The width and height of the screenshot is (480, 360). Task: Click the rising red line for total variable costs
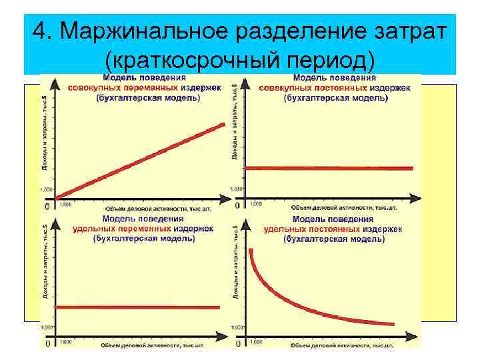click(140, 161)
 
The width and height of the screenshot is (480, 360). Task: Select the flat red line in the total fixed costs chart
click(329, 168)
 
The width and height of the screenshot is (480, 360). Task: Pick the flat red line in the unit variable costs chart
click(137, 307)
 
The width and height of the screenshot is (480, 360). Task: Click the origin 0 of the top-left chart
click(46, 207)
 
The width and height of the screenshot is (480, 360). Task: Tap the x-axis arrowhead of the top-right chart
click(416, 196)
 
